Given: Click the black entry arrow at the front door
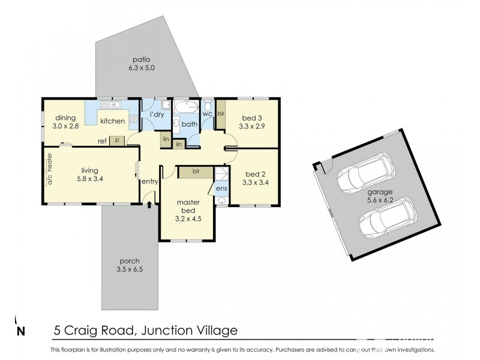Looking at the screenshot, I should (149, 205).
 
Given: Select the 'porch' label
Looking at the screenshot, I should (129, 261).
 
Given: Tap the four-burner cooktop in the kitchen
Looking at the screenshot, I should (132, 118).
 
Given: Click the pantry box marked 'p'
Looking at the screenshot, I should (117, 140).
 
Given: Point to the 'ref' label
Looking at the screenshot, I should (103, 141).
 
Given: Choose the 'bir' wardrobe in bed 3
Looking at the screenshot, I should (221, 117).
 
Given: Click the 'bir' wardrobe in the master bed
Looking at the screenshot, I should (196, 172).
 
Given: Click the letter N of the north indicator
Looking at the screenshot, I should (22, 331).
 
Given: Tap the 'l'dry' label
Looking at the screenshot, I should (157, 114).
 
